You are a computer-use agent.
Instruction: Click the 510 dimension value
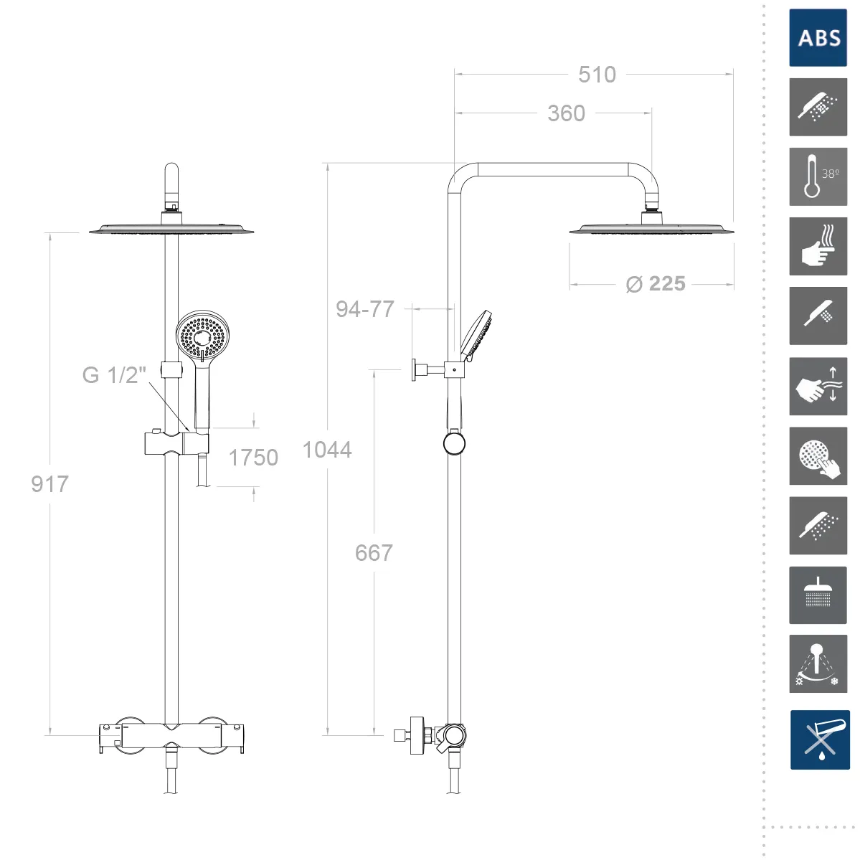597,75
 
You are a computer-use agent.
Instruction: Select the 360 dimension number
566,113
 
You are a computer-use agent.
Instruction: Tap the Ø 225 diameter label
656,284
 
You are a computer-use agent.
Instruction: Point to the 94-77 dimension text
365,309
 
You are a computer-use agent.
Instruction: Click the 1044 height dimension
327,450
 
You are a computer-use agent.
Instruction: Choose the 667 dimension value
374,553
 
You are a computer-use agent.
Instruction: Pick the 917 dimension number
50,484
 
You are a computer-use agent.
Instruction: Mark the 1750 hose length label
253,458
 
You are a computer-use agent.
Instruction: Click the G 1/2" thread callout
114,375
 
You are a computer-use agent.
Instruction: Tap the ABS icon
818,38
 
